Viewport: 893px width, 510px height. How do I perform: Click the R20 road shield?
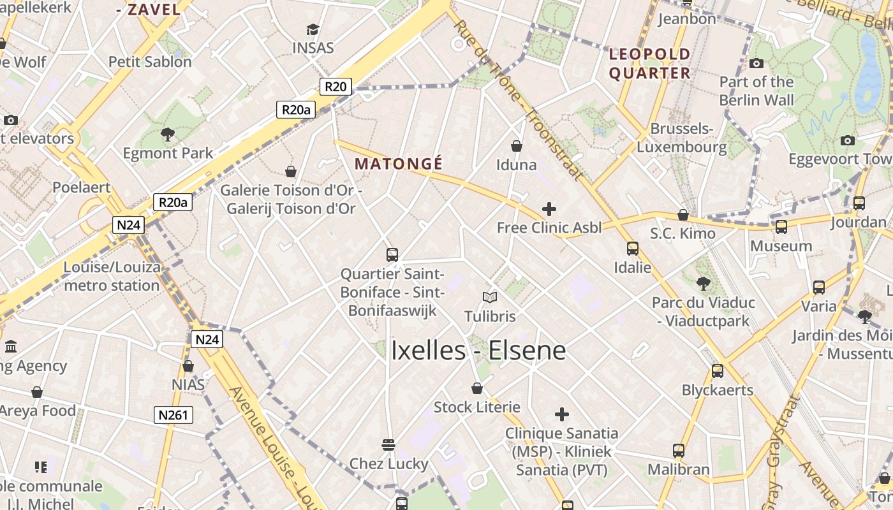point(335,87)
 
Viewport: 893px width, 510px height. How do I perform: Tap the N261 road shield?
point(173,416)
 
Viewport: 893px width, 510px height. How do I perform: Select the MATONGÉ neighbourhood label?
point(399,164)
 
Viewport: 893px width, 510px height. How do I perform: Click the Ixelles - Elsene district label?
point(478,351)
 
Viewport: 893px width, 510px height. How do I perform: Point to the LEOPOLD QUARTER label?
point(649,63)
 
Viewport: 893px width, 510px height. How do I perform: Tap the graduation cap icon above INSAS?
point(313,29)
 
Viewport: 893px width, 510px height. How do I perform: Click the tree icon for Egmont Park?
point(168,135)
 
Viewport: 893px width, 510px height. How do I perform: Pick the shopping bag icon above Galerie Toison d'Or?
point(291,171)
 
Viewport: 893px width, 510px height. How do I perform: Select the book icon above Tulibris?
point(490,297)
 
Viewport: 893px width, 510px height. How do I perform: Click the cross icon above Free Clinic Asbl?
point(549,208)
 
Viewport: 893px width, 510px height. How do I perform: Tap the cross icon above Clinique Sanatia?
point(561,414)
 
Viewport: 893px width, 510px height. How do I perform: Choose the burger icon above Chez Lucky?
point(388,444)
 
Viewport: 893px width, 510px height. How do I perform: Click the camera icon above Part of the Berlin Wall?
point(756,63)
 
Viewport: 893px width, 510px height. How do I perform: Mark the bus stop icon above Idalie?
point(632,248)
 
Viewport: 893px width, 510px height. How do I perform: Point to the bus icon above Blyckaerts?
point(718,371)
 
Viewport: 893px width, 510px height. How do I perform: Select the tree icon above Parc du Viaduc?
point(704,283)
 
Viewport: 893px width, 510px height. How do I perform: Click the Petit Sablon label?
point(150,62)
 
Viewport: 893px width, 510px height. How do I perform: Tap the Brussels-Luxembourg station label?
point(681,138)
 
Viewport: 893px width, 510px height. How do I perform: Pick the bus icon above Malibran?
point(679,451)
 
